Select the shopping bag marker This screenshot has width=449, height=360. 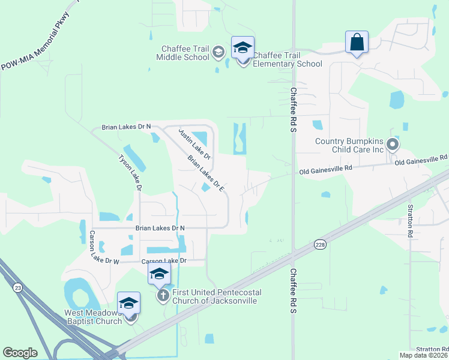coord(357,43)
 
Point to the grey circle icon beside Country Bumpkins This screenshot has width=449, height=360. coord(393,144)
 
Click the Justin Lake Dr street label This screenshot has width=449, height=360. coord(194,143)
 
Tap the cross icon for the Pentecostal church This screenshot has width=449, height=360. coord(163,296)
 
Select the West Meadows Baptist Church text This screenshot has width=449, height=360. coord(93,317)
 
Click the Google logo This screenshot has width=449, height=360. coord(20,353)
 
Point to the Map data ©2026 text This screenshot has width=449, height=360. coord(423,355)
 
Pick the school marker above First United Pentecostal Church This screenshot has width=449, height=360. coord(159,274)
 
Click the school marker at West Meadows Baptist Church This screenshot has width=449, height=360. coord(128,304)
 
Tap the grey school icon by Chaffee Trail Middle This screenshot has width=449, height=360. coord(218,53)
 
